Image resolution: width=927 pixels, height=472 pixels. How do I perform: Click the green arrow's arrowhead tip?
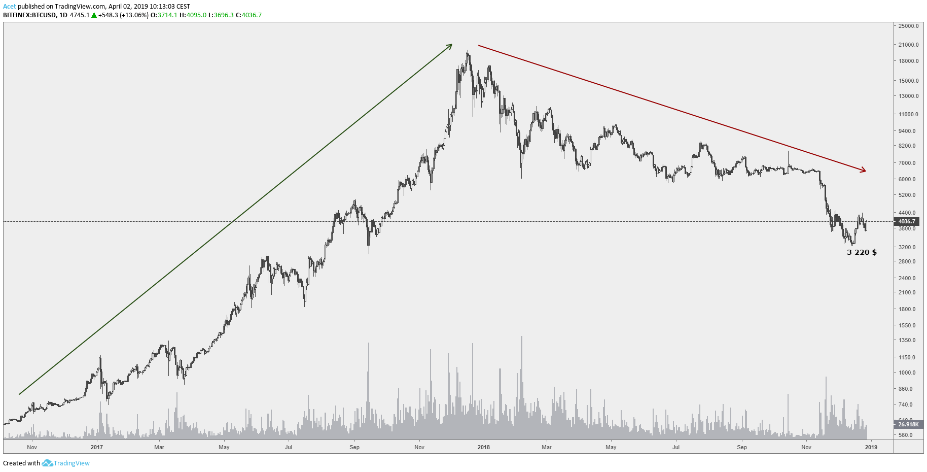coord(451,45)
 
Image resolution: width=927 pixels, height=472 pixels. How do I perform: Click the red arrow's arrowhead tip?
coord(866,171)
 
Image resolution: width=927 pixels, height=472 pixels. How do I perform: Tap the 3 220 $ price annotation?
coord(862,252)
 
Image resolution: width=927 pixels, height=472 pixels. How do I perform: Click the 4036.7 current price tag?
coord(907,221)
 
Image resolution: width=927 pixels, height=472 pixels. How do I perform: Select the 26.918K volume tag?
coord(908,424)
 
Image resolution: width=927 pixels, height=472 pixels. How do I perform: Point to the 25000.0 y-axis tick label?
coord(908,26)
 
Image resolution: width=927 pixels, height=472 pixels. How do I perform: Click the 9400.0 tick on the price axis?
coord(907,131)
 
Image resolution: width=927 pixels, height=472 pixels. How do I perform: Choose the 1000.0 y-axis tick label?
coord(907,373)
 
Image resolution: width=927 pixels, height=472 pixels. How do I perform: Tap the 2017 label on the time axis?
coord(96,447)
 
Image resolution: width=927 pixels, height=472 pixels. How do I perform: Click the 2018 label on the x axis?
coord(483,447)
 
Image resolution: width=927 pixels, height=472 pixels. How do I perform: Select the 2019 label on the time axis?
coord(871,447)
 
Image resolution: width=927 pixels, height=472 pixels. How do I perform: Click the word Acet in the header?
coord(9,7)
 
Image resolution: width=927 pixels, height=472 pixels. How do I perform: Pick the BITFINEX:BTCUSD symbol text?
coord(29,15)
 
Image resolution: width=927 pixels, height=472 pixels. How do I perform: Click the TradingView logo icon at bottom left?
coord(47,463)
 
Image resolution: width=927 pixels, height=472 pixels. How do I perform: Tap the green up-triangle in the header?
coord(94,15)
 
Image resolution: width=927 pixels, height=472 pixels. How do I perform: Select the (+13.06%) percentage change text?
coord(134,15)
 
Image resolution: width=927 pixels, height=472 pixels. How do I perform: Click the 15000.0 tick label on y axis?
coord(908,81)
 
